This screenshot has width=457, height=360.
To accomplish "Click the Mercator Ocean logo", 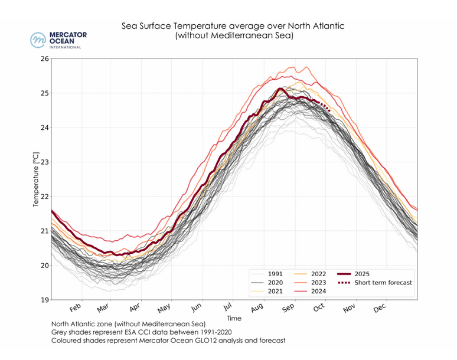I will coord(58,40).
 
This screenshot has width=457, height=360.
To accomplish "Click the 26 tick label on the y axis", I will coord(44,59).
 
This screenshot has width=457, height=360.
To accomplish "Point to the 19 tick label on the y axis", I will coord(44,300).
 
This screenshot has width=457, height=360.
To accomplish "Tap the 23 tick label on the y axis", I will coord(44,162).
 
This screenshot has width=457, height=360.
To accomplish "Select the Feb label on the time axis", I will coord(75,309).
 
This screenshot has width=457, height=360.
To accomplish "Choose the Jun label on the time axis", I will coord(197,309).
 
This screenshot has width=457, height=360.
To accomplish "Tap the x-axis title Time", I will coord(234,318).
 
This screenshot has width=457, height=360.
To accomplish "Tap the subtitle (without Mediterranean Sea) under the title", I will coord(234,36).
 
